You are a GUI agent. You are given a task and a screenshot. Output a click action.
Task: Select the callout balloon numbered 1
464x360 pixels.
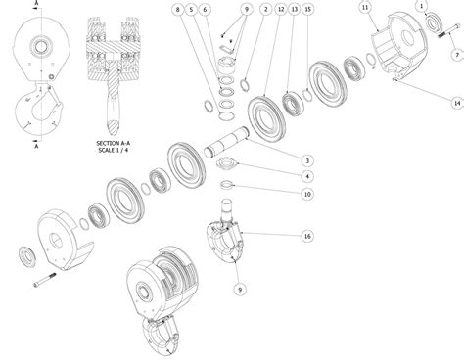click(x=422, y=7)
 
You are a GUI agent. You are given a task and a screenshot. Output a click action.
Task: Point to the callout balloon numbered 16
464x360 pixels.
click(x=308, y=236)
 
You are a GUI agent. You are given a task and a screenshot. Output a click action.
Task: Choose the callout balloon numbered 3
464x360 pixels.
click(x=307, y=160)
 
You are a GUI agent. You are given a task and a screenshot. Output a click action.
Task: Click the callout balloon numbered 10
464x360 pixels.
click(x=307, y=194)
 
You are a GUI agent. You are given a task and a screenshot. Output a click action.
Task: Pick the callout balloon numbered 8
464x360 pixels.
click(x=177, y=9)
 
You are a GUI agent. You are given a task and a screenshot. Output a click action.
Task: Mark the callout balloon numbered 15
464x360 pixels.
click(x=308, y=9)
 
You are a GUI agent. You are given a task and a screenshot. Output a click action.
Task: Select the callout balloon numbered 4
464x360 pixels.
click(x=307, y=177)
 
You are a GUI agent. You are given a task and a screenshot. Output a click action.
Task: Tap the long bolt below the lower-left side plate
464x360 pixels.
click(x=50, y=285)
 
